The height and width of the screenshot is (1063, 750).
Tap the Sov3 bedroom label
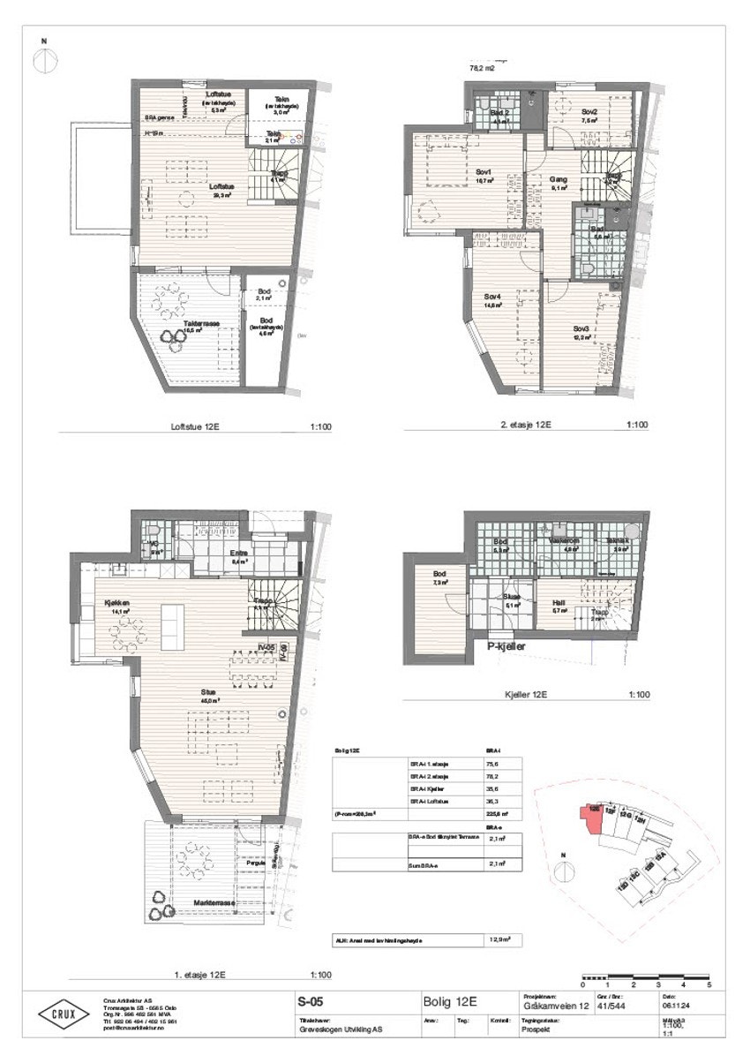580,327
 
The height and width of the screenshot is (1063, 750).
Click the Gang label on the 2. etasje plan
558,179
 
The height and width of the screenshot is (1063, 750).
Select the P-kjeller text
513,646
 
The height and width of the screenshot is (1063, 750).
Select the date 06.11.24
675,1004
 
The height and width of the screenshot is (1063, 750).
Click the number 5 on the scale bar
709,984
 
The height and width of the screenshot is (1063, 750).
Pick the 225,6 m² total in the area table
496,816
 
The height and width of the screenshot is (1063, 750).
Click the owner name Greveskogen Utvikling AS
341,1029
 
